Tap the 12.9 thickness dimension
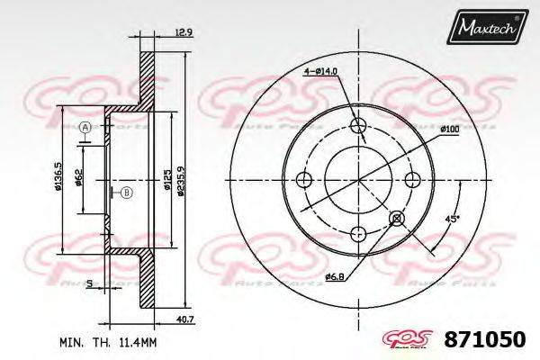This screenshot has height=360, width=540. click(x=183, y=33)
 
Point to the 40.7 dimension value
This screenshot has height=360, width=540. click(x=184, y=319)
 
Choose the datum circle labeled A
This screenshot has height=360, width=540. click(x=85, y=128)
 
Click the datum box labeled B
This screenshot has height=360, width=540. click(x=126, y=192)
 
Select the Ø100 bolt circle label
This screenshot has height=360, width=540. click(x=450, y=130)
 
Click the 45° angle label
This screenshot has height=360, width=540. click(x=452, y=218)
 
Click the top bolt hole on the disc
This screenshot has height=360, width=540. click(x=360, y=125)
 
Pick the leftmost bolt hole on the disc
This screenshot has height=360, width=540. click(x=305, y=179)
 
